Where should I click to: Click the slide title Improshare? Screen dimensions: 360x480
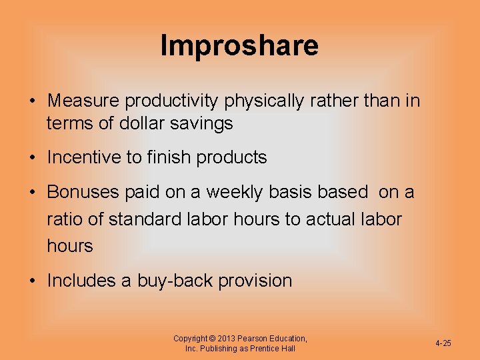[x=239, y=45]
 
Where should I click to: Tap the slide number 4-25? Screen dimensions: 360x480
[x=443, y=343]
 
